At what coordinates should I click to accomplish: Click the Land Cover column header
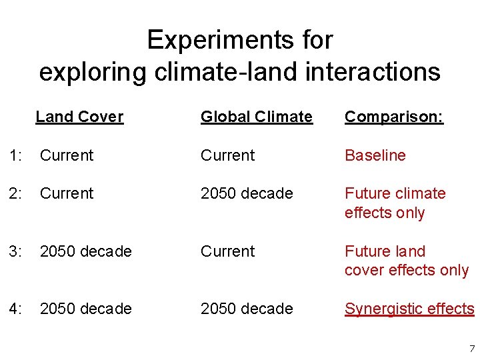79,117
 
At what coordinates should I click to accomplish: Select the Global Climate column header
257,117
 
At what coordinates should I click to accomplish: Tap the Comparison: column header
393,117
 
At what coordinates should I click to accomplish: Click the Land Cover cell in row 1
67,155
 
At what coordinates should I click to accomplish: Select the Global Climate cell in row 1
228,155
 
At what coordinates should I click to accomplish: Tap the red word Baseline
375,155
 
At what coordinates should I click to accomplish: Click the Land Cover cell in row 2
67,193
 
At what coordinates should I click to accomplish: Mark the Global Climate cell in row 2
247,193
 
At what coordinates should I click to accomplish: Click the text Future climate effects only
395,203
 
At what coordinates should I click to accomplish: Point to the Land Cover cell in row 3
86,251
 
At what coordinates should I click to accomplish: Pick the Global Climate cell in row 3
228,251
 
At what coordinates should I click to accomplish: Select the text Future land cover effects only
406,261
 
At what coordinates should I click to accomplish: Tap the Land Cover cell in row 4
86,309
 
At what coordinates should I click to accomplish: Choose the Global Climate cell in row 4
247,309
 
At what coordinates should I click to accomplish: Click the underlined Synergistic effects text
409,309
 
